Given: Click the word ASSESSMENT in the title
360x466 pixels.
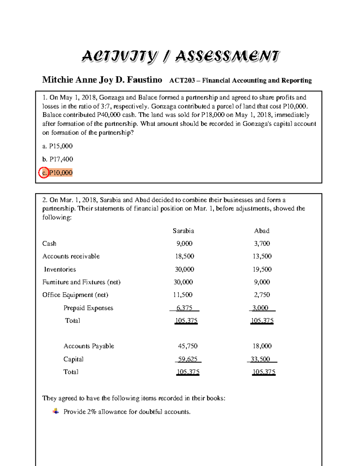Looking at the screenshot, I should point(227,56).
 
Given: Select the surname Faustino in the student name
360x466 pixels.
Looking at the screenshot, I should point(144,80).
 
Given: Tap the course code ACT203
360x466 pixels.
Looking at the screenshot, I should point(182,80).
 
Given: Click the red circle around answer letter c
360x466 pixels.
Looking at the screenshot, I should point(44,173).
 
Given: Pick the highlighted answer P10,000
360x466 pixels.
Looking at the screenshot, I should point(61,173).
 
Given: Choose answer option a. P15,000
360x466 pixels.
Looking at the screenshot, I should point(58,146).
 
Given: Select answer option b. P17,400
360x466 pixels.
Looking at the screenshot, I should point(58,159).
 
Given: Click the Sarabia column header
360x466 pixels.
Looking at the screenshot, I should point(183,231).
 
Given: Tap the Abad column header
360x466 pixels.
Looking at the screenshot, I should point(262,231).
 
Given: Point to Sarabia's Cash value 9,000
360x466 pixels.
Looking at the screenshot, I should point(184,243).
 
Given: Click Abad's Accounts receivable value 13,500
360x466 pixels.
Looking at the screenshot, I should point(262,256).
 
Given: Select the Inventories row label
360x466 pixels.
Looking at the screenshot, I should point(60,269).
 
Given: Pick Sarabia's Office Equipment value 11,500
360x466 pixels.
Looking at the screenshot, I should point(183,295).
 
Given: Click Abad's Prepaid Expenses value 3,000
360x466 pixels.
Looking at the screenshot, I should point(260,308).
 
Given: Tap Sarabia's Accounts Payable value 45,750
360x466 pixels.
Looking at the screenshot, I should point(187,346).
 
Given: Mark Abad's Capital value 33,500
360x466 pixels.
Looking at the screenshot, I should point(260,359).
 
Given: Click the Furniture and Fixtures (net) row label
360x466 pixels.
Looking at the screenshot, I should point(81,282).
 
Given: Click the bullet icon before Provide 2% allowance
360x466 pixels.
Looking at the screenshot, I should point(56,411).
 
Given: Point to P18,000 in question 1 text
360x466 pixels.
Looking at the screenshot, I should point(214,115).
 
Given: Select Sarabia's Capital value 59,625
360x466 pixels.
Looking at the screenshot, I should point(187,359).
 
